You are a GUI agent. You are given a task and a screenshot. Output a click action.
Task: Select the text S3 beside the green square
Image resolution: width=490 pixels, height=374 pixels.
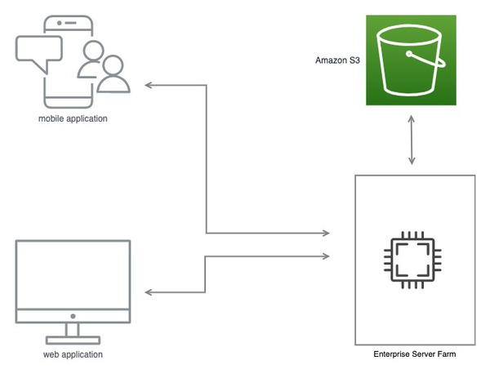click(355, 60)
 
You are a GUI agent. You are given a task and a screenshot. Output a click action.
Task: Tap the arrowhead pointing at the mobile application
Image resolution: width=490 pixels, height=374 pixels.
click(149, 84)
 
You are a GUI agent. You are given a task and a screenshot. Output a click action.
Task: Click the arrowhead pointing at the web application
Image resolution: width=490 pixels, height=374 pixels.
click(149, 293)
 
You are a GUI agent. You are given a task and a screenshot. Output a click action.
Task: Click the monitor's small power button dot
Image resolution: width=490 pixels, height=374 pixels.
click(73, 315)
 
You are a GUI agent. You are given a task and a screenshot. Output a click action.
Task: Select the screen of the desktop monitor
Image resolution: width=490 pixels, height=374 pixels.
click(73, 274)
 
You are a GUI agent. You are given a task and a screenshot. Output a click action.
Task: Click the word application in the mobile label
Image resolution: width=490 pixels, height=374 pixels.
click(87, 119)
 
